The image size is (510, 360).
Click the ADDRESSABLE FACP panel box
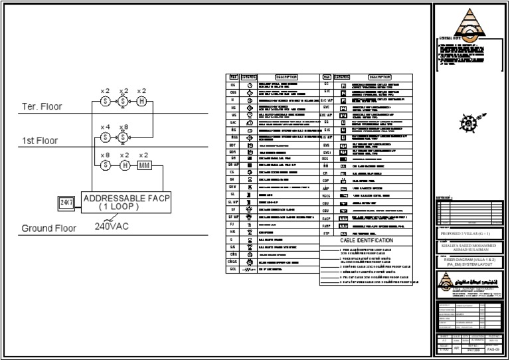click(x=126, y=202)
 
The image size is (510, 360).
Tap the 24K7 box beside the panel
click(x=67, y=203)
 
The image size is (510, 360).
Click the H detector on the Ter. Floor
click(x=141, y=101)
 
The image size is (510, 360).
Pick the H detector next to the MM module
click(x=124, y=166)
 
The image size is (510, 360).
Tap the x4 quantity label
click(x=105, y=127)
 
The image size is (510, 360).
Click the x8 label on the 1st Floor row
click(x=124, y=127)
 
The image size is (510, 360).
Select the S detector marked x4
click(x=105, y=137)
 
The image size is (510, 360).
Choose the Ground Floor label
click(x=50, y=228)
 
